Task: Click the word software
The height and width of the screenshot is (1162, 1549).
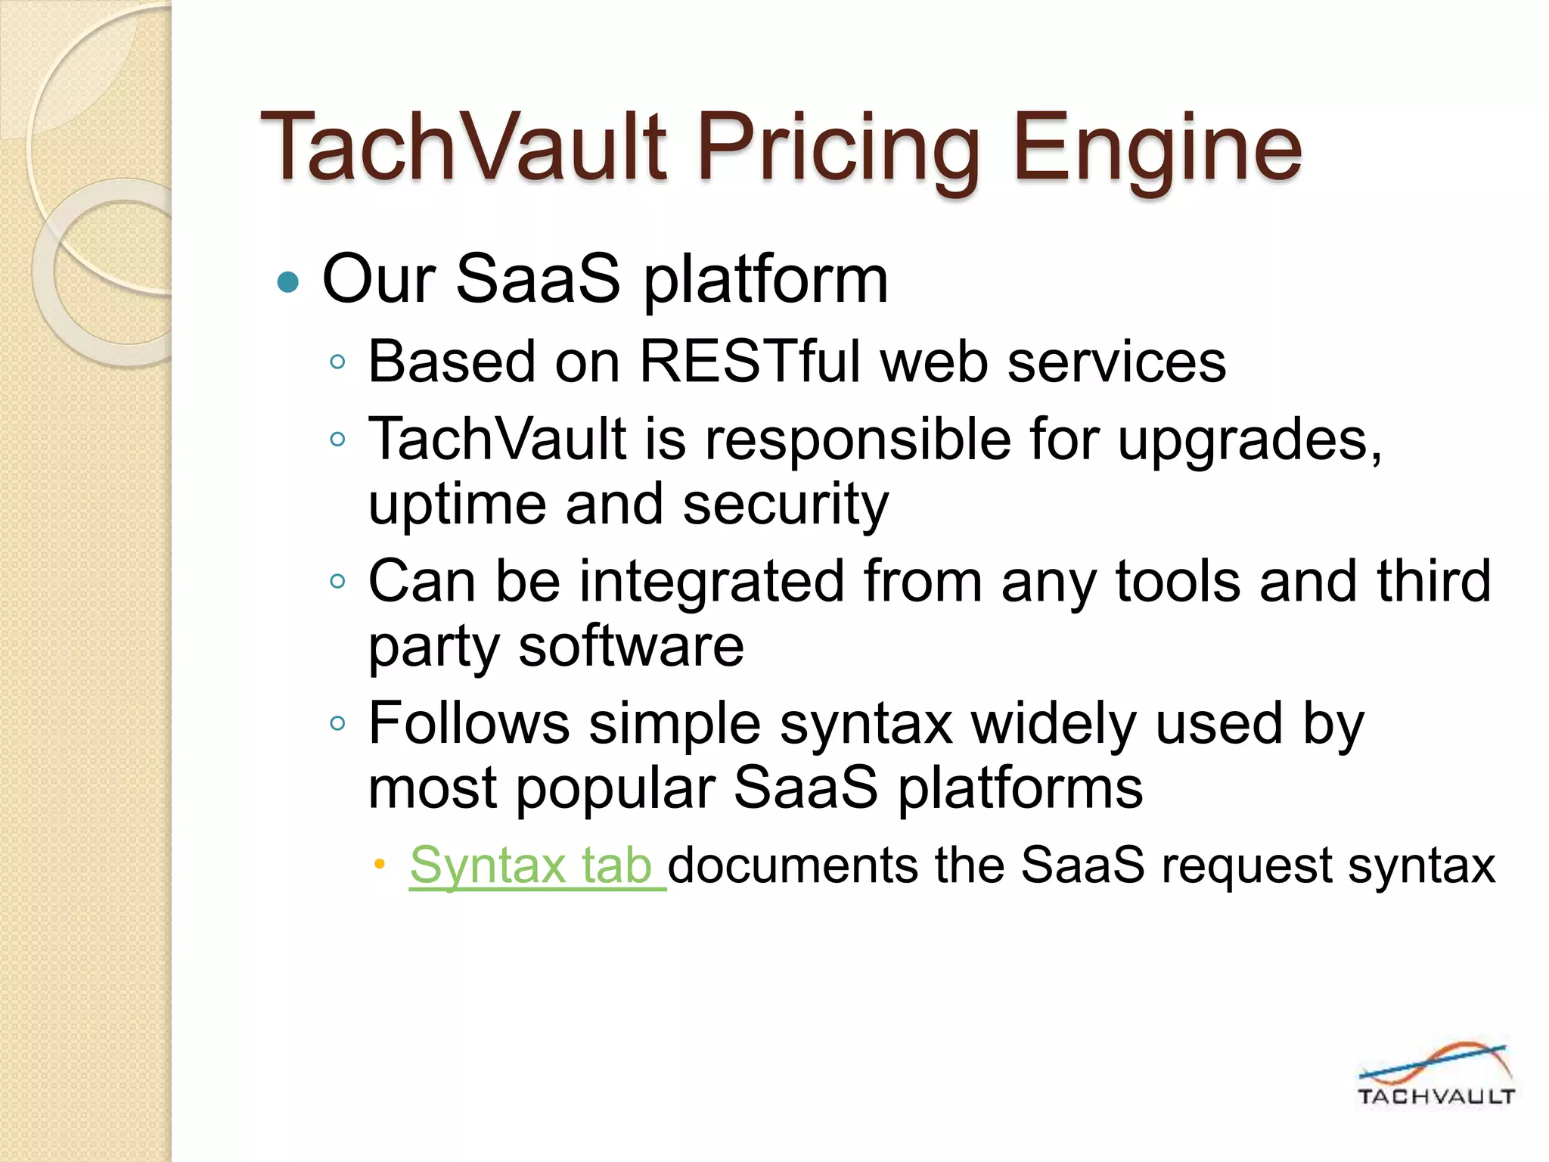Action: pos(631,647)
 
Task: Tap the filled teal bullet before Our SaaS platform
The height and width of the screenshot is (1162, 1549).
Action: pos(288,282)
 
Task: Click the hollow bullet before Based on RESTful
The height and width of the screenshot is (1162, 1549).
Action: pos(338,362)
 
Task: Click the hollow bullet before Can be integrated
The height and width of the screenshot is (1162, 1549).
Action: pos(338,582)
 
